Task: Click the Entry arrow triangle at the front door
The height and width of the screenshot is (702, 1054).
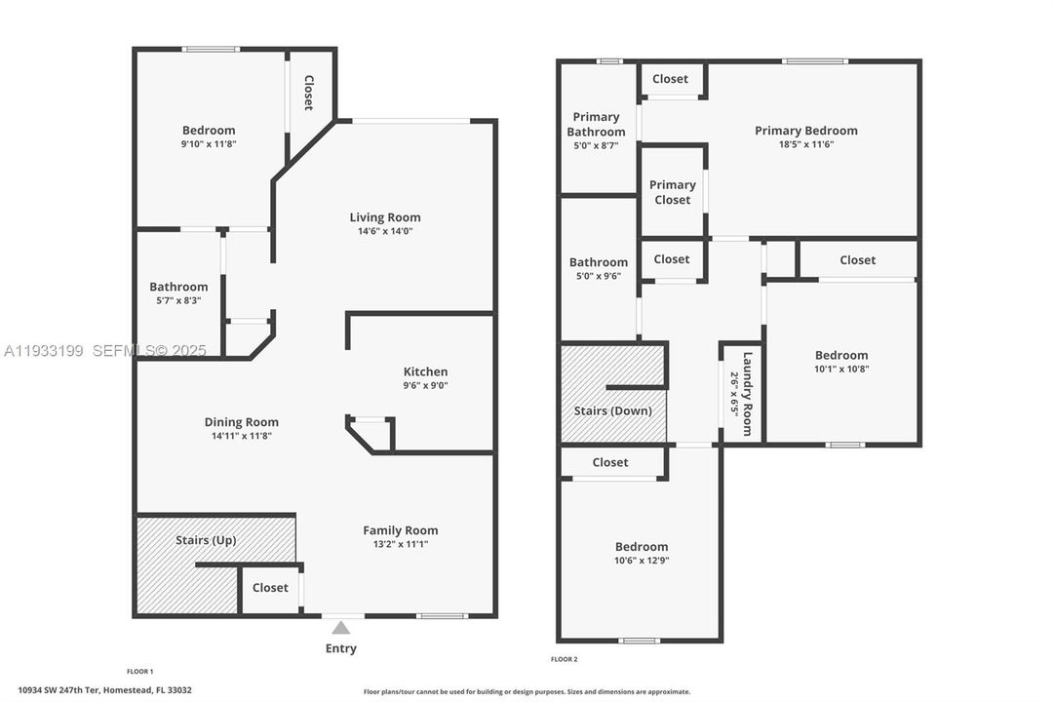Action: (340, 628)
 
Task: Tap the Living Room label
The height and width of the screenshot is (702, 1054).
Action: (385, 217)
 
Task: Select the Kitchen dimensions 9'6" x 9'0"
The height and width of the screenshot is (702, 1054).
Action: (426, 385)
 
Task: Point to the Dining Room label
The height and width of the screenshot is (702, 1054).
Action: (241, 422)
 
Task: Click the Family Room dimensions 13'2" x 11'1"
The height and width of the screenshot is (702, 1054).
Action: (401, 544)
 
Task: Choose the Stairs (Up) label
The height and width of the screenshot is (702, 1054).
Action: (206, 539)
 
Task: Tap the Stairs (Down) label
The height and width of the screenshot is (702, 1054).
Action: (612, 410)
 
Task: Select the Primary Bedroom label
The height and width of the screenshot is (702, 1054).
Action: (805, 131)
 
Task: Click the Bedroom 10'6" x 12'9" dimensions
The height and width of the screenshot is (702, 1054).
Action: (642, 561)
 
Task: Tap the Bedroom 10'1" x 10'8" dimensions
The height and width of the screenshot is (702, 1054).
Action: (841, 369)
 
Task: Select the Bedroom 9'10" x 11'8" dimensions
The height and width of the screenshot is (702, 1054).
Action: (209, 143)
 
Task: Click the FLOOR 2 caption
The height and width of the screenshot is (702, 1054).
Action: (564, 659)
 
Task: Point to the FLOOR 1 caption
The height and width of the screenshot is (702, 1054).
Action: (139, 671)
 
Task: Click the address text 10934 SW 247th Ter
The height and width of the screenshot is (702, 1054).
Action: (104, 690)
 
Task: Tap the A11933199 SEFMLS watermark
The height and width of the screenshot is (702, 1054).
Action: (104, 350)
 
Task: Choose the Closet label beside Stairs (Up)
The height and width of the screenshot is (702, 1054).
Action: (270, 588)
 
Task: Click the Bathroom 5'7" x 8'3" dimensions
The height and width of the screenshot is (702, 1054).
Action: (178, 300)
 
